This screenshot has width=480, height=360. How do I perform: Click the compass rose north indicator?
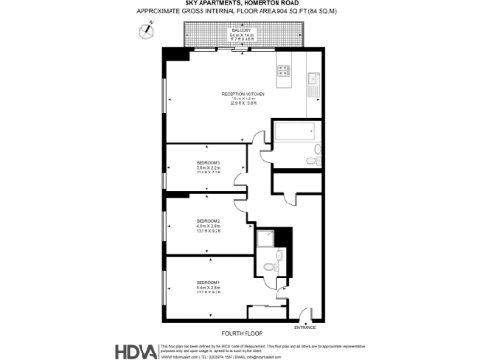click(x=145, y=31)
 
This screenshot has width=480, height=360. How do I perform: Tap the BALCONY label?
click(x=240, y=30)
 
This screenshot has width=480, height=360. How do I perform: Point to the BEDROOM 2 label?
click(x=208, y=221)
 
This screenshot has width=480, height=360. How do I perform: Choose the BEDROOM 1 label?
click(x=208, y=282)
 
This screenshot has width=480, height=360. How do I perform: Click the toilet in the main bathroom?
click(x=317, y=149)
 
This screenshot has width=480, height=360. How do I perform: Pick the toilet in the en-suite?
click(x=270, y=266)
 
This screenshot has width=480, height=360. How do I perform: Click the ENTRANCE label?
click(x=306, y=327)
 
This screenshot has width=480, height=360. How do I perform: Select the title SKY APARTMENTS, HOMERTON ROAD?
click(x=239, y=4)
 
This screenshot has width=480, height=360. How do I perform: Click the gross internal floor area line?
click(x=239, y=11)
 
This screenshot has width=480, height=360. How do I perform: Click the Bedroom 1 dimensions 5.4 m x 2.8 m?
click(x=208, y=289)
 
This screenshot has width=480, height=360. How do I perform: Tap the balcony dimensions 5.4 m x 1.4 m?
click(x=240, y=36)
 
